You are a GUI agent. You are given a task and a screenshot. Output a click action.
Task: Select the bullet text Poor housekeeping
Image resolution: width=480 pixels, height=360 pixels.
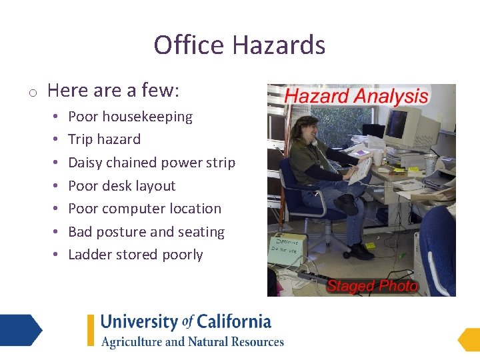point(130,117)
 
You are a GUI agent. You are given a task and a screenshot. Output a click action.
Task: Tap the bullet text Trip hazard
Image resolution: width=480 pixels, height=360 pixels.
point(104,139)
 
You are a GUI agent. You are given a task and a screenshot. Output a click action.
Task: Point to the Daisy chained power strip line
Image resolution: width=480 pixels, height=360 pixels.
point(151,163)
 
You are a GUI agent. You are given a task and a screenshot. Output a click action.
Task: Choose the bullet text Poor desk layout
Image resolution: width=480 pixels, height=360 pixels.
point(121,186)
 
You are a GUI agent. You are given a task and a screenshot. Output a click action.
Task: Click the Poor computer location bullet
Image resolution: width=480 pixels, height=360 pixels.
point(144,209)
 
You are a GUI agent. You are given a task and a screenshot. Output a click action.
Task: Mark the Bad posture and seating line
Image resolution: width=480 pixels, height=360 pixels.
point(146,232)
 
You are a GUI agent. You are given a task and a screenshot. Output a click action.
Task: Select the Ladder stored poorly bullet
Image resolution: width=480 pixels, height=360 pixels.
point(135,255)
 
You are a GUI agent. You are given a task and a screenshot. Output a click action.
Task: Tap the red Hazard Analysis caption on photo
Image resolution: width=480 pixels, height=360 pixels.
point(356,96)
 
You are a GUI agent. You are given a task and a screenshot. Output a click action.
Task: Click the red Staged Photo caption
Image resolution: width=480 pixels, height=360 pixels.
point(371,287)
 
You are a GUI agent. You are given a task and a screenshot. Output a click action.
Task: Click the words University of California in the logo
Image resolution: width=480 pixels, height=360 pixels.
point(185,323)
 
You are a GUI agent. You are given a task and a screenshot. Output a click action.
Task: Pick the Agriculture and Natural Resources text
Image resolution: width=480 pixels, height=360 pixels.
point(192,342)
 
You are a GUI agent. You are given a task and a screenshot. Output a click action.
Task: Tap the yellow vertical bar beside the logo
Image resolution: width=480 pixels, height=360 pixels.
point(91,330)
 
